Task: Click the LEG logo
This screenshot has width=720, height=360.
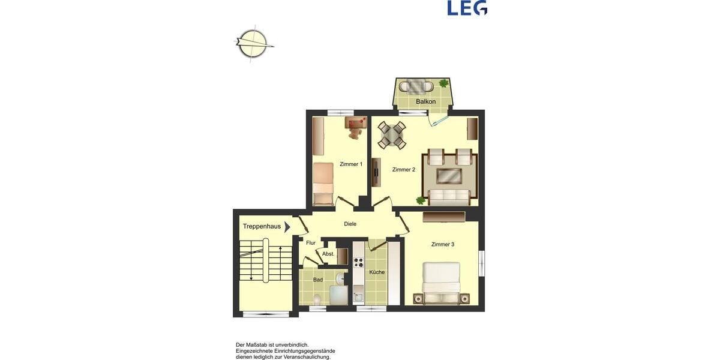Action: [467, 8]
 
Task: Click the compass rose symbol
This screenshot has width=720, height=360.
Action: [253, 44]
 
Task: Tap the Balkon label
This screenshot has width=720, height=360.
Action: [425, 102]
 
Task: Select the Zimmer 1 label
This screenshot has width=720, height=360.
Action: [351, 164]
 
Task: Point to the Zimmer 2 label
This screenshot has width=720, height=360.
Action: [404, 170]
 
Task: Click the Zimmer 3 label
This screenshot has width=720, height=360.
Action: [443, 244]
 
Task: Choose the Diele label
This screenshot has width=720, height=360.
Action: [350, 224]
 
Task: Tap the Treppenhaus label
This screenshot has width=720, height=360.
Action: [262, 227]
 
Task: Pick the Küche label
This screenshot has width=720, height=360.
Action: [377, 272]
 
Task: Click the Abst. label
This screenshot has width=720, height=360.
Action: [328, 254]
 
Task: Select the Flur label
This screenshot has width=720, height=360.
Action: [311, 243]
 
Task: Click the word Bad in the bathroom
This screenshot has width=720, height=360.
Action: [318, 280]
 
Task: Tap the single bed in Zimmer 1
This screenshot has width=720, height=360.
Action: [323, 182]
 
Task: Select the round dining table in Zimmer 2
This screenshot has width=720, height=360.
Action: [391, 134]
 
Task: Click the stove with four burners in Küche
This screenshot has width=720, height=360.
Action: [359, 262]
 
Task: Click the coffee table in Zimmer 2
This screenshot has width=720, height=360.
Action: [449, 176]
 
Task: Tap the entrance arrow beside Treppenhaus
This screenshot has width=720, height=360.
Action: [287, 227]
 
